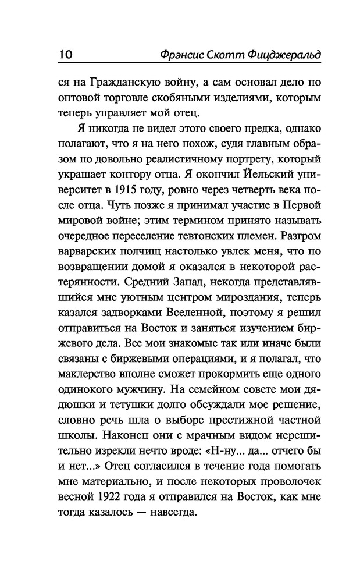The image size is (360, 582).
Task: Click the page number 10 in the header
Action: pyautogui.click(x=65, y=54)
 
